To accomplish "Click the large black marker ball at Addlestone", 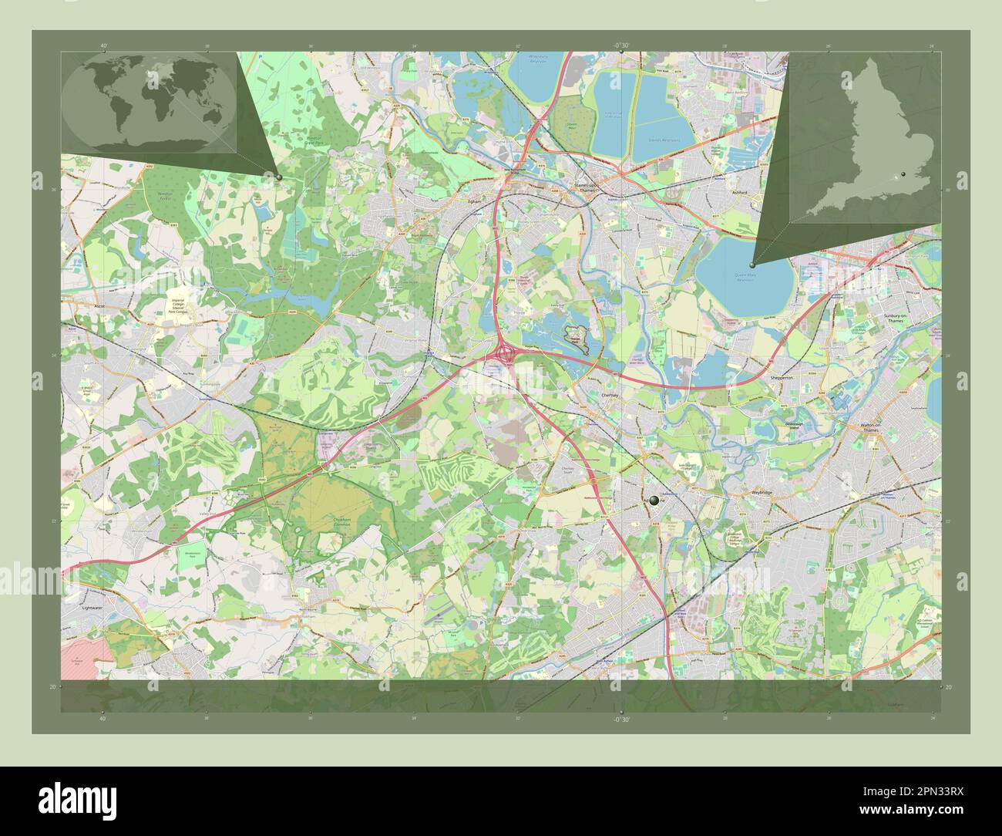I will point(654,500).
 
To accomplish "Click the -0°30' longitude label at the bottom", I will point(620,719).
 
